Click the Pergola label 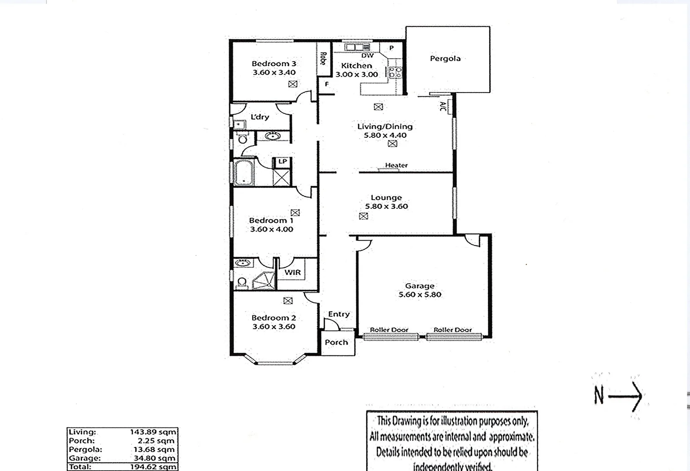[445, 58]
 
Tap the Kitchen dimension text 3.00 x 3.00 [357, 75]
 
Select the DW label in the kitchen [367, 56]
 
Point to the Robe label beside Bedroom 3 [323, 58]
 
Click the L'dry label [260, 117]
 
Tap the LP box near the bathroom [282, 161]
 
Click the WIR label [292, 273]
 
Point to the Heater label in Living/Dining [396, 165]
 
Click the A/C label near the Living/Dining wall [443, 106]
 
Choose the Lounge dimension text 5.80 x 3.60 [386, 207]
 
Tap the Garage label [419, 286]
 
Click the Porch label [336, 342]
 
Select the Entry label [339, 314]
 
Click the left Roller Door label [389, 330]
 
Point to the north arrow [625, 396]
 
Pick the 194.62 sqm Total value [153, 467]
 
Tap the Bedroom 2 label [274, 318]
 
